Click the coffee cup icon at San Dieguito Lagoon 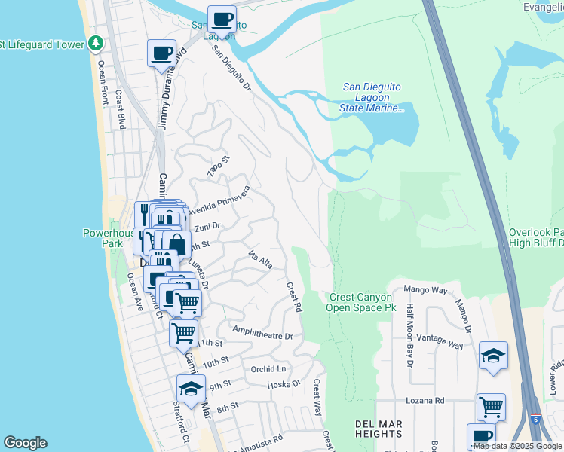(221, 19)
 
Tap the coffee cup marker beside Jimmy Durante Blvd (161, 53)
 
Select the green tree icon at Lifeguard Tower (95, 44)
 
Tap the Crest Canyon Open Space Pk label (362, 303)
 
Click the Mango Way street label (425, 289)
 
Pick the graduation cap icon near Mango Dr (493, 356)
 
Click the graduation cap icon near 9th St (191, 389)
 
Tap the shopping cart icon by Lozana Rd (491, 407)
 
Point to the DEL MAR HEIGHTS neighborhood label (378, 429)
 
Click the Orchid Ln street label (269, 368)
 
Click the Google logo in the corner (25, 443)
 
